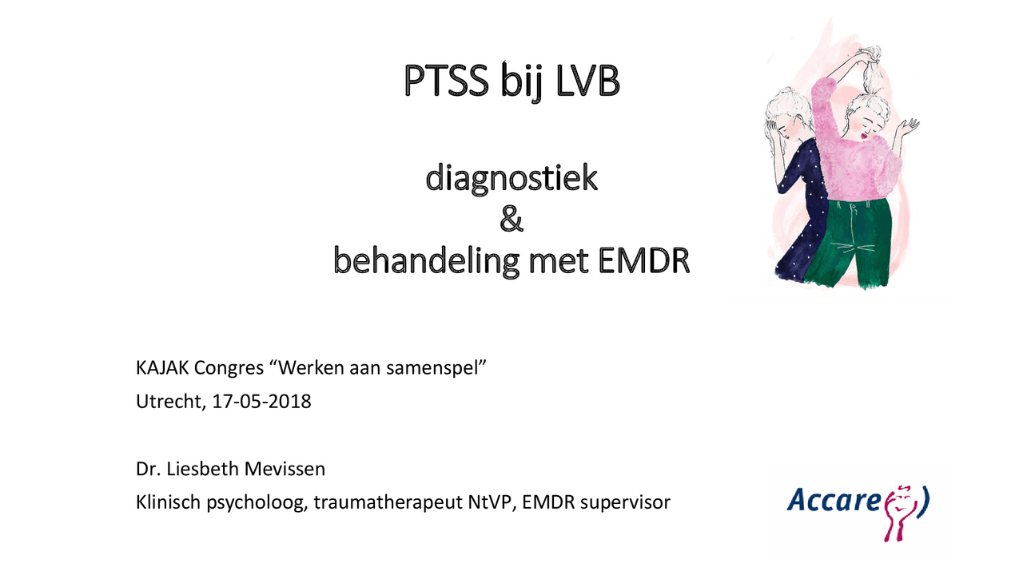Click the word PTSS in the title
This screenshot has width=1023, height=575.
click(x=447, y=82)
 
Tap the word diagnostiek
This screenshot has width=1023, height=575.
click(x=511, y=178)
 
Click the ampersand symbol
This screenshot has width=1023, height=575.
click(x=511, y=219)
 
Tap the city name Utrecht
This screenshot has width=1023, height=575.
click(x=169, y=402)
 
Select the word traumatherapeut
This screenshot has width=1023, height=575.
click(x=388, y=503)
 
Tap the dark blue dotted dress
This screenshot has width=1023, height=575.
click(x=791, y=232)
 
